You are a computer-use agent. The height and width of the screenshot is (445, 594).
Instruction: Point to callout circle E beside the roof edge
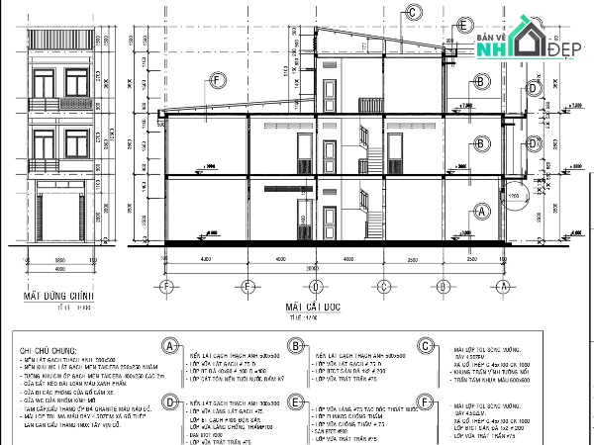point(461,27)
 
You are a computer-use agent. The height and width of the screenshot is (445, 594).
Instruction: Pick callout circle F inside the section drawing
point(217,82)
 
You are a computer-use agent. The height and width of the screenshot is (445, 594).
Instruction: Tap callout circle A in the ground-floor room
point(482,211)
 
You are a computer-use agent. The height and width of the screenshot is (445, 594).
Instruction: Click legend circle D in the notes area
point(171,403)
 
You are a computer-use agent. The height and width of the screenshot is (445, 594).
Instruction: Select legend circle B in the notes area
point(295,346)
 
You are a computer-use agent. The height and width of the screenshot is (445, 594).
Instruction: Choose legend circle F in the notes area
point(425,403)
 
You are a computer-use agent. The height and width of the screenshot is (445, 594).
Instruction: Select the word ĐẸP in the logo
point(563,49)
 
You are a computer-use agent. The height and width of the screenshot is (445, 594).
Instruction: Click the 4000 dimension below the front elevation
point(59,267)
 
